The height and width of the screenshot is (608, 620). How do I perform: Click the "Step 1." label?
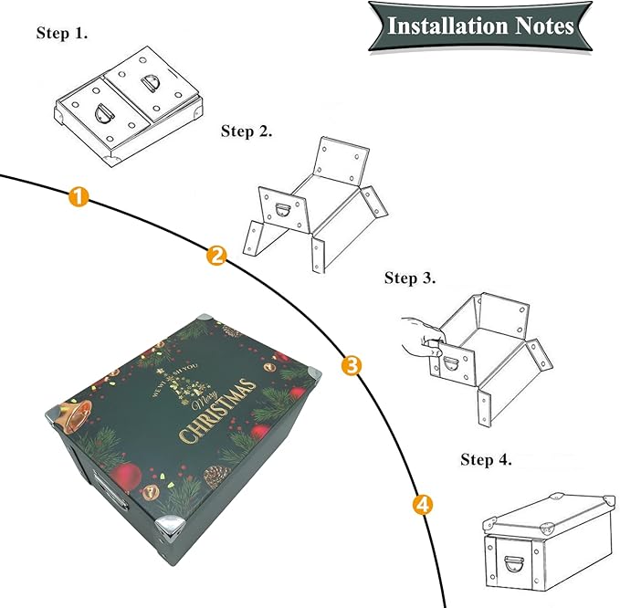pyautogui.click(x=62, y=34)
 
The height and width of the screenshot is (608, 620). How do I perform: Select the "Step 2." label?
pyautogui.click(x=247, y=132)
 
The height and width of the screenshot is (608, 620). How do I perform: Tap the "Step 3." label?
pyautogui.click(x=410, y=278)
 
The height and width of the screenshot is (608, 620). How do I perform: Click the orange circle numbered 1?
pyautogui.click(x=79, y=195)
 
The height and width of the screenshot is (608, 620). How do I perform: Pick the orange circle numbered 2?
pyautogui.click(x=216, y=256)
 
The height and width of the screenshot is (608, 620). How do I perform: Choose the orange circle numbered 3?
pyautogui.click(x=351, y=366)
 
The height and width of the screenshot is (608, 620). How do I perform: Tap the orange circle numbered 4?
pyautogui.click(x=423, y=503)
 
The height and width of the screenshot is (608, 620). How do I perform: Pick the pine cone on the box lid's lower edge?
pyautogui.click(x=215, y=475)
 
